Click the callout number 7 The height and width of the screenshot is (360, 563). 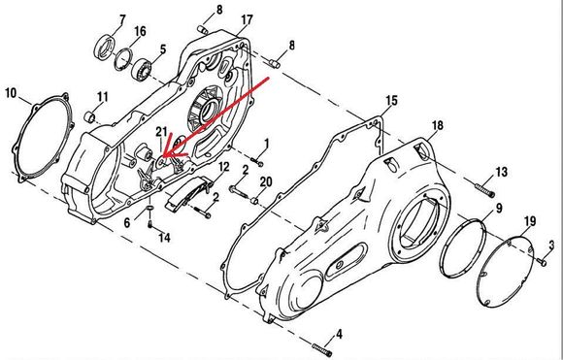[x=122, y=20]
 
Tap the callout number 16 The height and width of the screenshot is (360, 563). [x=140, y=31]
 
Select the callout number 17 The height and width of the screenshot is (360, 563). [x=247, y=20]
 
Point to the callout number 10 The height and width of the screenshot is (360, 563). [x=11, y=93]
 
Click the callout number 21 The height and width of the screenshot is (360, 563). [x=161, y=132]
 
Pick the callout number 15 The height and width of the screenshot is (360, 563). [x=391, y=101]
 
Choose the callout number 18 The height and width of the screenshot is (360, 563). [x=437, y=125]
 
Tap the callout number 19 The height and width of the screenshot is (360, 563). [x=530, y=221]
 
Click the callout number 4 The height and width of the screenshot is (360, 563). [x=339, y=335]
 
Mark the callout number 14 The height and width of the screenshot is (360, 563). [x=164, y=238]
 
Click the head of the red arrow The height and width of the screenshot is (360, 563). [x=163, y=156]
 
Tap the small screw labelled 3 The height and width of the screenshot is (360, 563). [x=543, y=262]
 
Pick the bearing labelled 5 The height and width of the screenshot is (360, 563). [x=142, y=69]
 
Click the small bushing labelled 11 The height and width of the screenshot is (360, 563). [x=90, y=116]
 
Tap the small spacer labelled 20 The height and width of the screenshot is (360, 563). [x=255, y=200]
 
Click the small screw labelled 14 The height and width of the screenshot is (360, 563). [x=150, y=224]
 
